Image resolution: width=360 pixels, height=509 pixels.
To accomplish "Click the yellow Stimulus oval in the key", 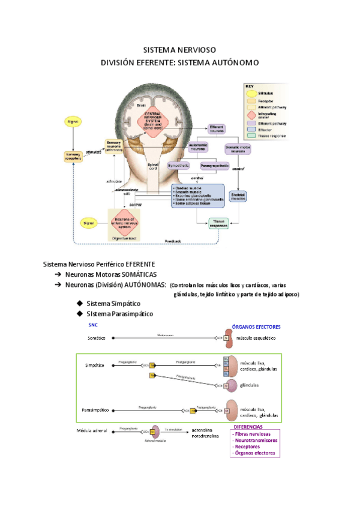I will click(x=251, y=94).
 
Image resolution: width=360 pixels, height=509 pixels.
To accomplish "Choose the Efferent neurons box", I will click(x=216, y=128).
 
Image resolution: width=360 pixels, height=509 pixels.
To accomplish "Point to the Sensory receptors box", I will click(x=73, y=156).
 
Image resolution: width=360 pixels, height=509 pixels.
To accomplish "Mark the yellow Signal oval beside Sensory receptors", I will click(x=73, y=122).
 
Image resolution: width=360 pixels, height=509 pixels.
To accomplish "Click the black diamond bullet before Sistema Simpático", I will click(x=80, y=303).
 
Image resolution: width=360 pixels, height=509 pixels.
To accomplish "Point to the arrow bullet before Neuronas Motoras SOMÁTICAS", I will click(x=58, y=274).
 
